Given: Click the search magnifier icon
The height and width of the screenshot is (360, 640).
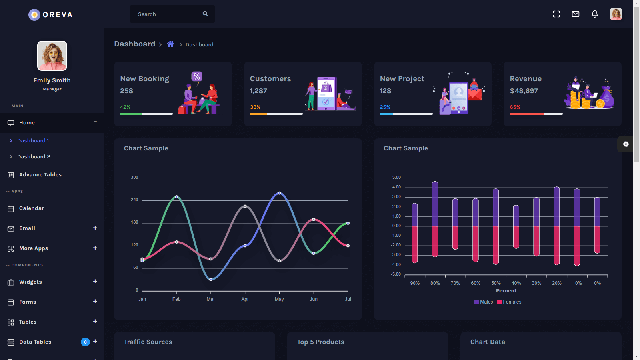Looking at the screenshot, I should [x=205, y=14].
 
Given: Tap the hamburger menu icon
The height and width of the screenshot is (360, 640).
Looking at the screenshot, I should [x=119, y=14].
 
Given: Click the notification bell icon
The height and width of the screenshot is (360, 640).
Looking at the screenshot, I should [x=595, y=14].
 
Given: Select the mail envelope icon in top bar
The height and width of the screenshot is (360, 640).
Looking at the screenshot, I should [x=576, y=14].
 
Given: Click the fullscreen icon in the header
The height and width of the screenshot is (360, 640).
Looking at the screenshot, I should [x=556, y=14].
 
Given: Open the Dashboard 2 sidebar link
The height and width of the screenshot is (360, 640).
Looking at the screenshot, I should [x=34, y=157].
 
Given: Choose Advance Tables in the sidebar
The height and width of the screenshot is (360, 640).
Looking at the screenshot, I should [x=40, y=175].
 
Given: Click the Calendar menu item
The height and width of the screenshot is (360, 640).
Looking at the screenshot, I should [x=32, y=208].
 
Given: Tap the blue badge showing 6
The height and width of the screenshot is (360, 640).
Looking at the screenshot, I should [x=85, y=342].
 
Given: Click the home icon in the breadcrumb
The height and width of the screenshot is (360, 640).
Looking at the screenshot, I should [x=170, y=44].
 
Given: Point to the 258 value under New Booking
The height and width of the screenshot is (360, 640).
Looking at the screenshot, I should [x=127, y=91].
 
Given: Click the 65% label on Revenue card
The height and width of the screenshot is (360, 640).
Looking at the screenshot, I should [x=515, y=107].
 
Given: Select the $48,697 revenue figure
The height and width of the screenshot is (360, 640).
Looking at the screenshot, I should [x=524, y=91].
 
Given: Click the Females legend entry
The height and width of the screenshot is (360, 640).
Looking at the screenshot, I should [x=509, y=302].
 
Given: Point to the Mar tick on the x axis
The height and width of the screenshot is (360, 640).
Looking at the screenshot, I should [x=211, y=299].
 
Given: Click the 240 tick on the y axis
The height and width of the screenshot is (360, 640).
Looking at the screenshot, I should [x=134, y=200].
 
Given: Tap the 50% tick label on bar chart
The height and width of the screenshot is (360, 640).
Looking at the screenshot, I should [x=496, y=283].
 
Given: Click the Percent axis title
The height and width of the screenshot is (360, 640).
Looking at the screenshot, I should [x=506, y=291].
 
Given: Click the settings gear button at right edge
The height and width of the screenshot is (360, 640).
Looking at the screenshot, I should [x=626, y=144].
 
